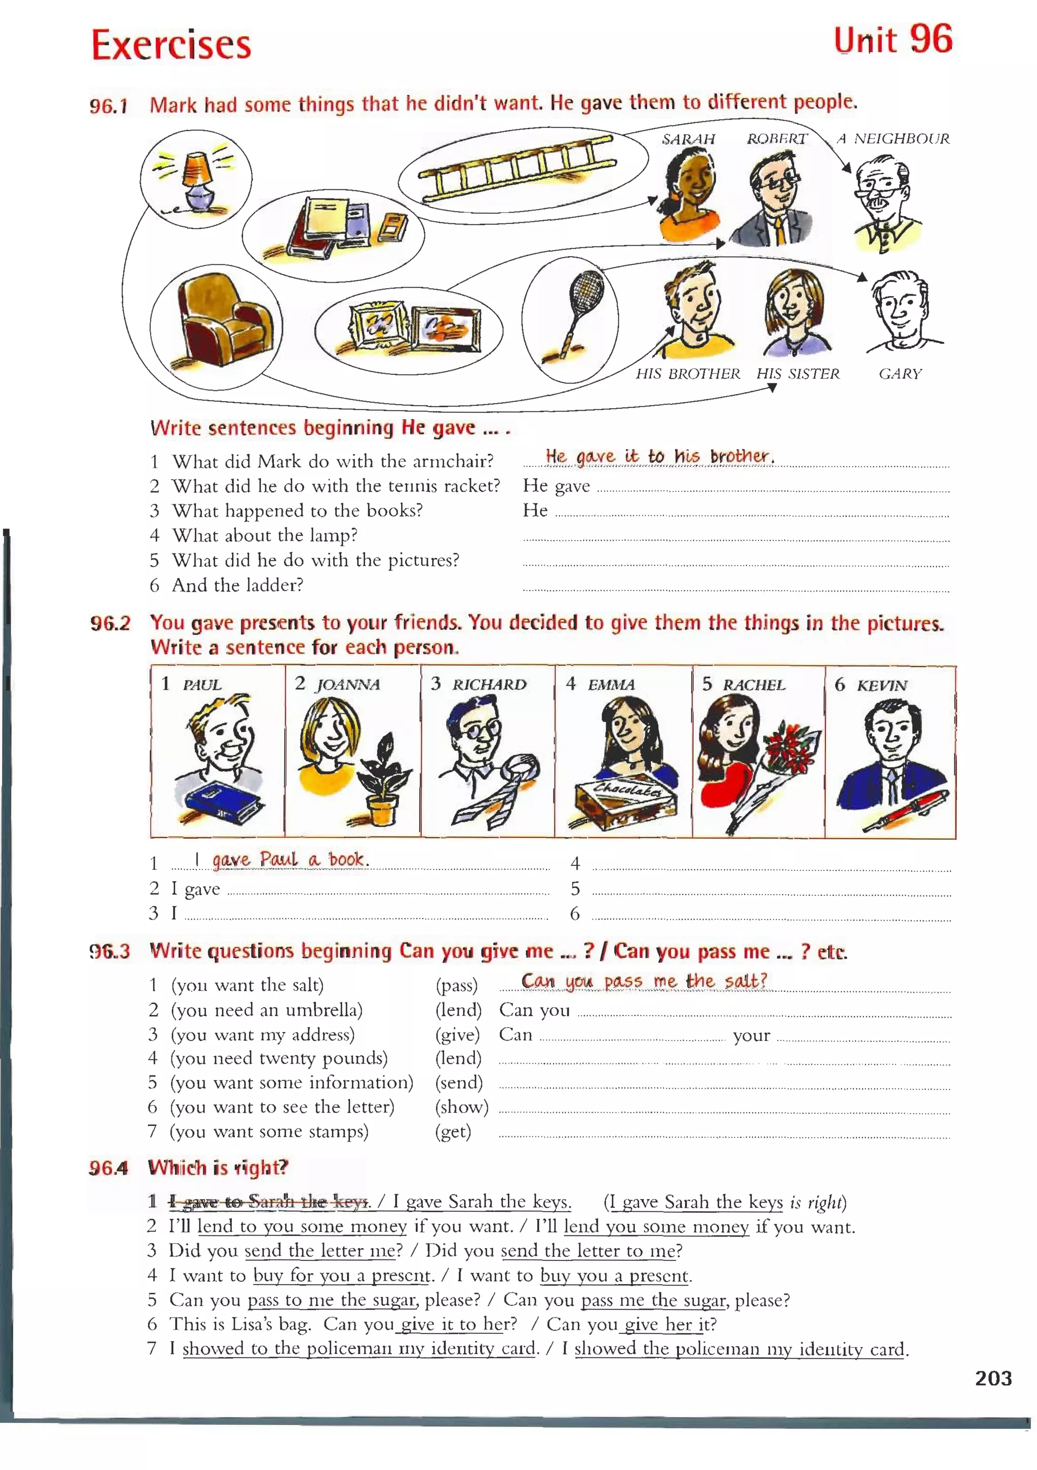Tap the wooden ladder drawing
pyautogui.click(x=516, y=168)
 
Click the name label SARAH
pyautogui.click(x=688, y=139)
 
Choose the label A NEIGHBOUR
pyautogui.click(x=894, y=138)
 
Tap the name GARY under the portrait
pyautogui.click(x=900, y=374)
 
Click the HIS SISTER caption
pyautogui.click(x=797, y=374)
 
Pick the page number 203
pyautogui.click(x=993, y=1378)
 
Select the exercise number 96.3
pyautogui.click(x=109, y=951)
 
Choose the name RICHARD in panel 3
pyautogui.click(x=489, y=685)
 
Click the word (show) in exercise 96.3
pyautogui.click(x=461, y=1107)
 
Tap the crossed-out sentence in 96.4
pyautogui.click(x=269, y=1202)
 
